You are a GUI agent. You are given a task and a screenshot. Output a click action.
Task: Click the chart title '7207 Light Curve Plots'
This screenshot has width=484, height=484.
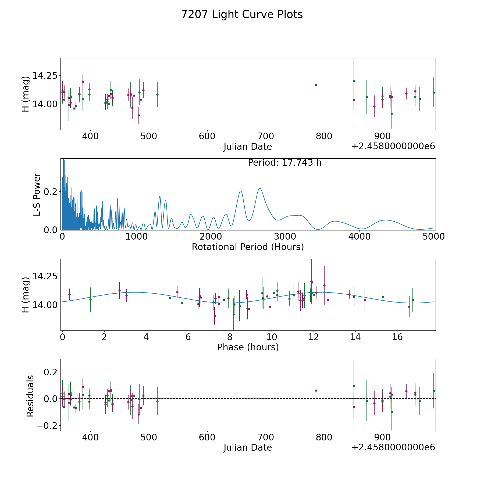[x=242, y=15]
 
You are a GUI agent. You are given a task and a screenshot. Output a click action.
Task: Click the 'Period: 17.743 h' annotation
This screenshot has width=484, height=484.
[x=285, y=163]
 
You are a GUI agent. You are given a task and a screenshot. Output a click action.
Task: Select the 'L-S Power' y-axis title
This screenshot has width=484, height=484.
[x=37, y=194]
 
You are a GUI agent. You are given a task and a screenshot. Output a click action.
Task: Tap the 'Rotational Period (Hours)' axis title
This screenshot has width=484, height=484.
[x=248, y=247]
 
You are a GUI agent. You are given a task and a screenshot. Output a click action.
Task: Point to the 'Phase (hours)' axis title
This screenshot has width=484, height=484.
[x=248, y=347]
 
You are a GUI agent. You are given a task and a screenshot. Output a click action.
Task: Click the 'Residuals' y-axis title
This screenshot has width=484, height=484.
[x=30, y=396]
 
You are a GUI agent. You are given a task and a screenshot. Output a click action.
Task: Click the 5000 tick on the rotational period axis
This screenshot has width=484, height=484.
[x=433, y=236]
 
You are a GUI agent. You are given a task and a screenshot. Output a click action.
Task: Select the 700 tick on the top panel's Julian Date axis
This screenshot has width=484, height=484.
[x=265, y=136]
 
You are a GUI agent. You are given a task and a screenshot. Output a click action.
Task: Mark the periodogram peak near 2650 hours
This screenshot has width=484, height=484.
[x=260, y=188]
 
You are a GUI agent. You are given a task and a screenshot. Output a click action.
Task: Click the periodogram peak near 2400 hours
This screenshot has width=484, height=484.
[x=241, y=191]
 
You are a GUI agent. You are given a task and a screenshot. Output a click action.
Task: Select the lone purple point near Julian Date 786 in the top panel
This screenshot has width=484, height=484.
[x=316, y=85]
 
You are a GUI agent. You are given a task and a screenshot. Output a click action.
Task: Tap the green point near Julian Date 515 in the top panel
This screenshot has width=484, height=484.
[x=157, y=95]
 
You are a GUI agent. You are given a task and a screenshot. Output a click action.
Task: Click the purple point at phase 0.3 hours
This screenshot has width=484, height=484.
[x=69, y=294]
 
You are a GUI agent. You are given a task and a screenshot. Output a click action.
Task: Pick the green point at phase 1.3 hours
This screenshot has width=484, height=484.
[x=90, y=300]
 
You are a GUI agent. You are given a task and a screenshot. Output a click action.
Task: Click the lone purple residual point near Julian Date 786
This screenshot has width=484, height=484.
[x=316, y=390]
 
